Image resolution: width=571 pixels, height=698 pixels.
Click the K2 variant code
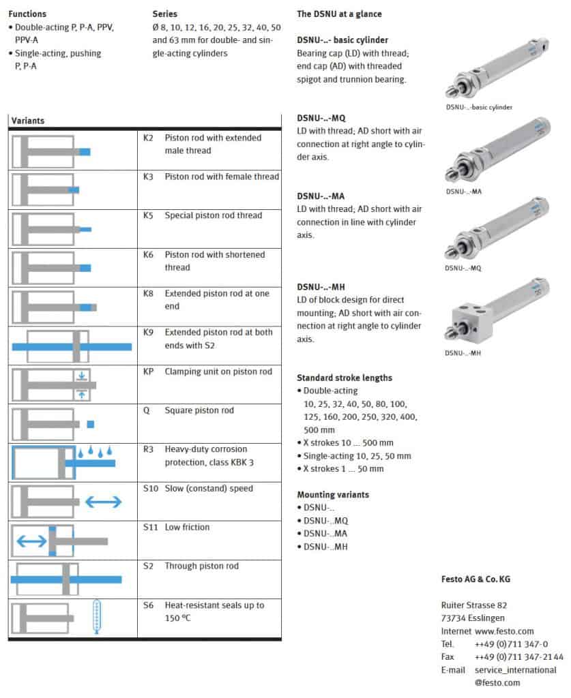click(x=148, y=138)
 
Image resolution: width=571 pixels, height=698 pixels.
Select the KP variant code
click(x=149, y=371)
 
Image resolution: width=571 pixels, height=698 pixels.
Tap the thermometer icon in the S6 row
click(x=98, y=616)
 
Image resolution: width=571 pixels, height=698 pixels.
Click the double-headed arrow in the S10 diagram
click(x=104, y=502)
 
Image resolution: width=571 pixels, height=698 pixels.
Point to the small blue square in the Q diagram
click(x=90, y=424)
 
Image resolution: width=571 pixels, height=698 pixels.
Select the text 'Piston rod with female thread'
click(x=222, y=177)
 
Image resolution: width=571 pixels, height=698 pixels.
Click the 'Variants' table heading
click(x=28, y=121)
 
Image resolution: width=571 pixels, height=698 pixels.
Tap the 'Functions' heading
click(x=27, y=14)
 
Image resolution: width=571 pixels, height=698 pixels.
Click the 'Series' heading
click(x=164, y=14)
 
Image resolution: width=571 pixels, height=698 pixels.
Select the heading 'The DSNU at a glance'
click(x=339, y=14)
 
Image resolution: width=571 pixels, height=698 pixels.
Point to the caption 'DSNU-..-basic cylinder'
click(x=479, y=107)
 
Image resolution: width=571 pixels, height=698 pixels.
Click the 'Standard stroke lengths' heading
click(x=344, y=378)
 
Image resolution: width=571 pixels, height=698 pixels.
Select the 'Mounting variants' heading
click(x=333, y=494)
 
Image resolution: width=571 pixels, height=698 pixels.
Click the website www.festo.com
click(x=504, y=631)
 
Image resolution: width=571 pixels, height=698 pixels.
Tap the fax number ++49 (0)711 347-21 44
click(x=519, y=656)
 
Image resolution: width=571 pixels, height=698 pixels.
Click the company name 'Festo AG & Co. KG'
click(x=475, y=579)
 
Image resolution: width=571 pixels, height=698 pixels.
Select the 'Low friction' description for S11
click(x=187, y=527)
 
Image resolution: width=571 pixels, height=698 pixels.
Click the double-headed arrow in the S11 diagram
click(x=31, y=541)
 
